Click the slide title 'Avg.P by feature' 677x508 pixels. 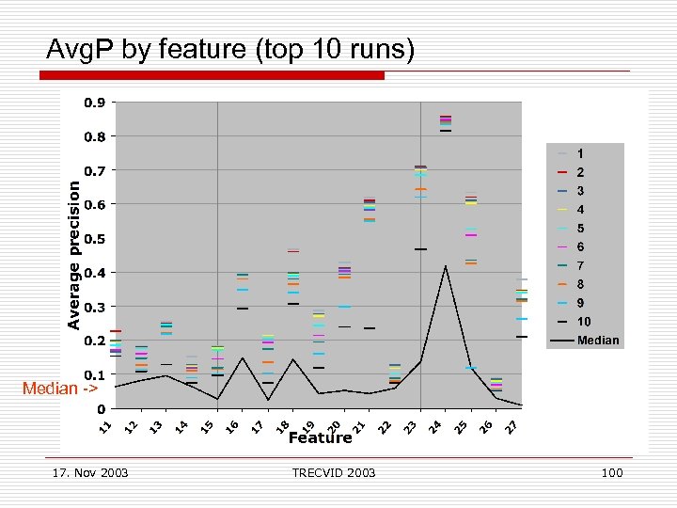(x=230, y=49)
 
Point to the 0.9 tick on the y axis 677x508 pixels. (x=94, y=102)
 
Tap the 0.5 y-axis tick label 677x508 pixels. (x=94, y=239)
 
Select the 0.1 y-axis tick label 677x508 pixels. (x=94, y=375)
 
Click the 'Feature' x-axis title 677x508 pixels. (x=320, y=437)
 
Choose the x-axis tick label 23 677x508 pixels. (x=409, y=427)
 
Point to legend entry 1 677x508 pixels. (x=580, y=153)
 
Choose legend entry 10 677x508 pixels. (x=583, y=322)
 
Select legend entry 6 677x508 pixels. (x=580, y=246)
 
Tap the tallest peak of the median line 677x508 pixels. (x=446, y=266)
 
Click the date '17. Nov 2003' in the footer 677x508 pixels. (x=91, y=472)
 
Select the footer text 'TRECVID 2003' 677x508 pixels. (x=334, y=472)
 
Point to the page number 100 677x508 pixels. (x=611, y=472)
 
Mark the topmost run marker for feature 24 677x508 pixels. (x=446, y=117)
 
